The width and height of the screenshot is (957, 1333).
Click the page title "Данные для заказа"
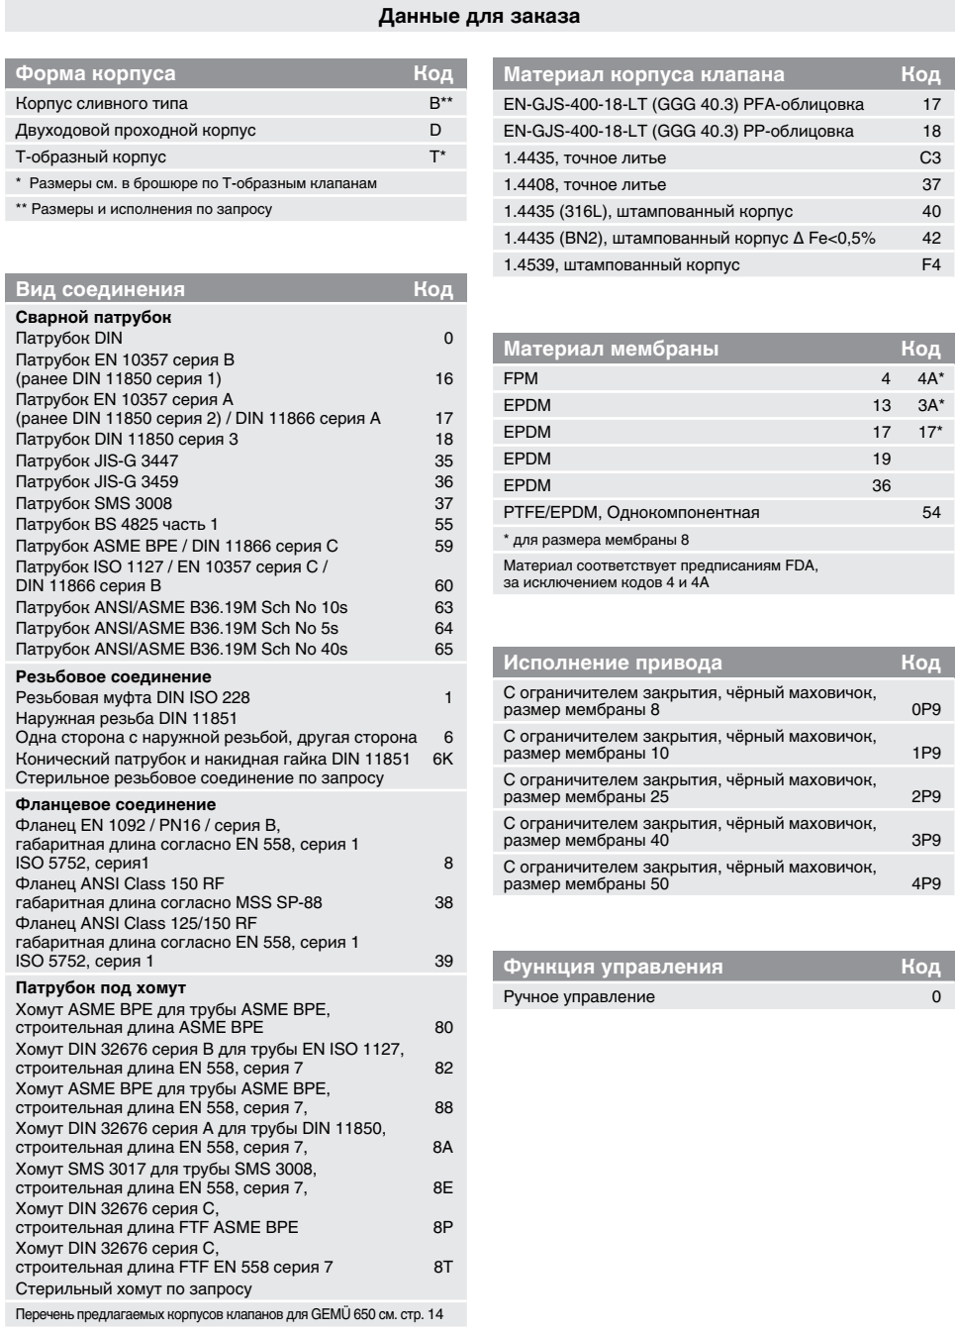(479, 16)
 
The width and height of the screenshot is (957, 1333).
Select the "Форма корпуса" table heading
(95, 73)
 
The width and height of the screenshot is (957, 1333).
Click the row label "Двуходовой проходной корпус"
(136, 130)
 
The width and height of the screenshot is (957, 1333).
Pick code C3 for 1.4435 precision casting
(929, 157)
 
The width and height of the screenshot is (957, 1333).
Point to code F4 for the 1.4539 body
(930, 264)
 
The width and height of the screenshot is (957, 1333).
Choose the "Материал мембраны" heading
(611, 349)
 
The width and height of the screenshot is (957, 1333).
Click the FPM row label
(521, 378)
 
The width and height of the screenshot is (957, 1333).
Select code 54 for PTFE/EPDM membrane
(930, 512)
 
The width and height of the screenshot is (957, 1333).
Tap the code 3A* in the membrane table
(929, 405)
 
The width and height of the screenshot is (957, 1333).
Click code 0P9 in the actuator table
(925, 710)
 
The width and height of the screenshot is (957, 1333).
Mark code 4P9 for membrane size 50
(925, 883)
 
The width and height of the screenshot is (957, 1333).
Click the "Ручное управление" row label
(579, 996)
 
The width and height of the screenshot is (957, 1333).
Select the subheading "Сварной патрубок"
(93, 318)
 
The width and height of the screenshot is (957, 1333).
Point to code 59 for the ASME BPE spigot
(443, 546)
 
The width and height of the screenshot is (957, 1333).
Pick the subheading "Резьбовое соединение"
(113, 676)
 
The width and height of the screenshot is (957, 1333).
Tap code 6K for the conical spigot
(442, 759)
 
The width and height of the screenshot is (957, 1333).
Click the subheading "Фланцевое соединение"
(115, 805)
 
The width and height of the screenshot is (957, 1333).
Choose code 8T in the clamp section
(442, 1267)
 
